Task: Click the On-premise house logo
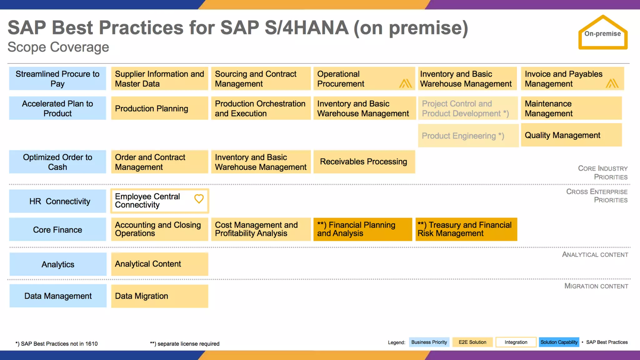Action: tap(602, 33)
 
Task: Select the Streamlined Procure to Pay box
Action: tap(57, 79)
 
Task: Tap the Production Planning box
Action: tap(159, 108)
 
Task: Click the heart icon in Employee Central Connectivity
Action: tap(199, 199)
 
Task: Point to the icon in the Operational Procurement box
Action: tap(405, 83)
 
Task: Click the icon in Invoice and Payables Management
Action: tap(612, 83)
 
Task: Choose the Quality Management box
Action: tap(571, 135)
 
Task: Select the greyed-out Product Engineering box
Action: tap(468, 136)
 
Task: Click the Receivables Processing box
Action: tap(364, 162)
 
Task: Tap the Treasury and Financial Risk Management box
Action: tap(466, 229)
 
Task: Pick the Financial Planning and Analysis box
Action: tap(362, 229)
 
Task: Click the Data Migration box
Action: tap(159, 296)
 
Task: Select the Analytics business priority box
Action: tap(58, 264)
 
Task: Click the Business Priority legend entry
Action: tap(429, 342)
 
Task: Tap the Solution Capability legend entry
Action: tap(559, 342)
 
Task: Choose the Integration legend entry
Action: tap(516, 342)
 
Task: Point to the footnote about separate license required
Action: tap(185, 344)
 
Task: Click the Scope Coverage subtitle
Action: tap(58, 47)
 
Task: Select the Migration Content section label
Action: tap(596, 286)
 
